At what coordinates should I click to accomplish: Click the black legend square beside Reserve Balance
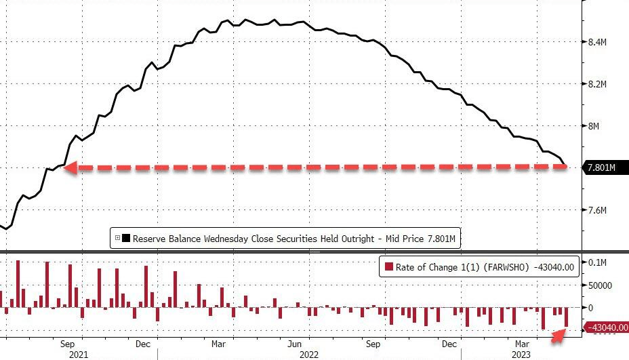click(126, 238)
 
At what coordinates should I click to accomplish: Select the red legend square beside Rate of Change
click(389, 266)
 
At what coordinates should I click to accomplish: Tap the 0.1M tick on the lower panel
click(596, 262)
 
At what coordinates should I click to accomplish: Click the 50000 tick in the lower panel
click(599, 285)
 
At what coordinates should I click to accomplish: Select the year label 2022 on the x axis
click(309, 354)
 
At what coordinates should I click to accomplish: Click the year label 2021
click(78, 354)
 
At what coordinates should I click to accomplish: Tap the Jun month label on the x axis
click(294, 343)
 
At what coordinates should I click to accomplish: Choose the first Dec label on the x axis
click(142, 343)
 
